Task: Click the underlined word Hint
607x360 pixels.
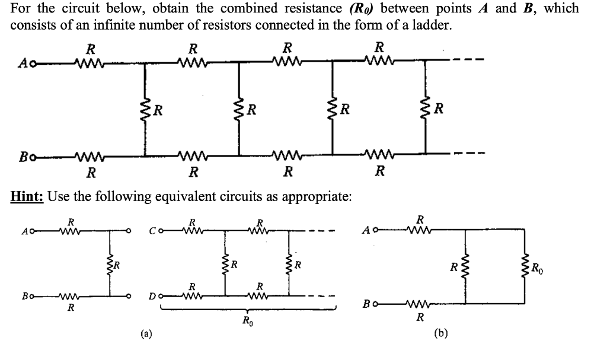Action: click(x=27, y=196)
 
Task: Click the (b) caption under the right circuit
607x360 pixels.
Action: click(x=440, y=333)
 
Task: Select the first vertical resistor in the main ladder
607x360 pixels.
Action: click(x=145, y=109)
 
